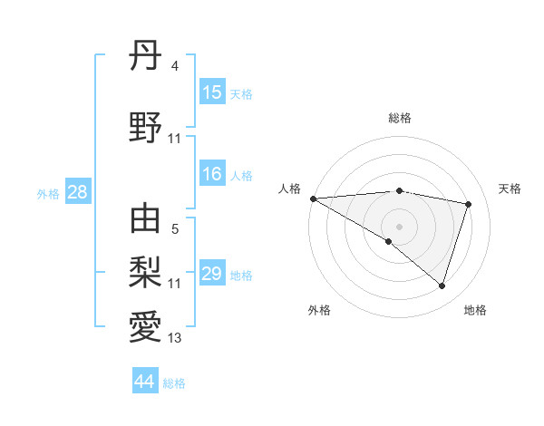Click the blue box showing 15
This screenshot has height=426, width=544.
212,92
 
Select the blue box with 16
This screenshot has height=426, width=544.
212,174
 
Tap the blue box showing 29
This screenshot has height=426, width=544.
212,274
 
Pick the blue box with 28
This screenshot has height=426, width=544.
77,192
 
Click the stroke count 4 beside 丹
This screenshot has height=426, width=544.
174,66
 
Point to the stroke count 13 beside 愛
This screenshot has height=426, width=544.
174,338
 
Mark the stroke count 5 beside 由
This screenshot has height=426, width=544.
174,229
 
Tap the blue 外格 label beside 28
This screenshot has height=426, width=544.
48,193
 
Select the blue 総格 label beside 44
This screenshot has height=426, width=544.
174,383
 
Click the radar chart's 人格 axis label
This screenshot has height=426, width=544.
289,189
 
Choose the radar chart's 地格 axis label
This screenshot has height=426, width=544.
475,310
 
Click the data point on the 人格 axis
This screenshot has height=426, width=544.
313,198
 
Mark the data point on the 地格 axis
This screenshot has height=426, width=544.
442,286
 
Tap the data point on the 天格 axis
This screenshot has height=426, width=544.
469,204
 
